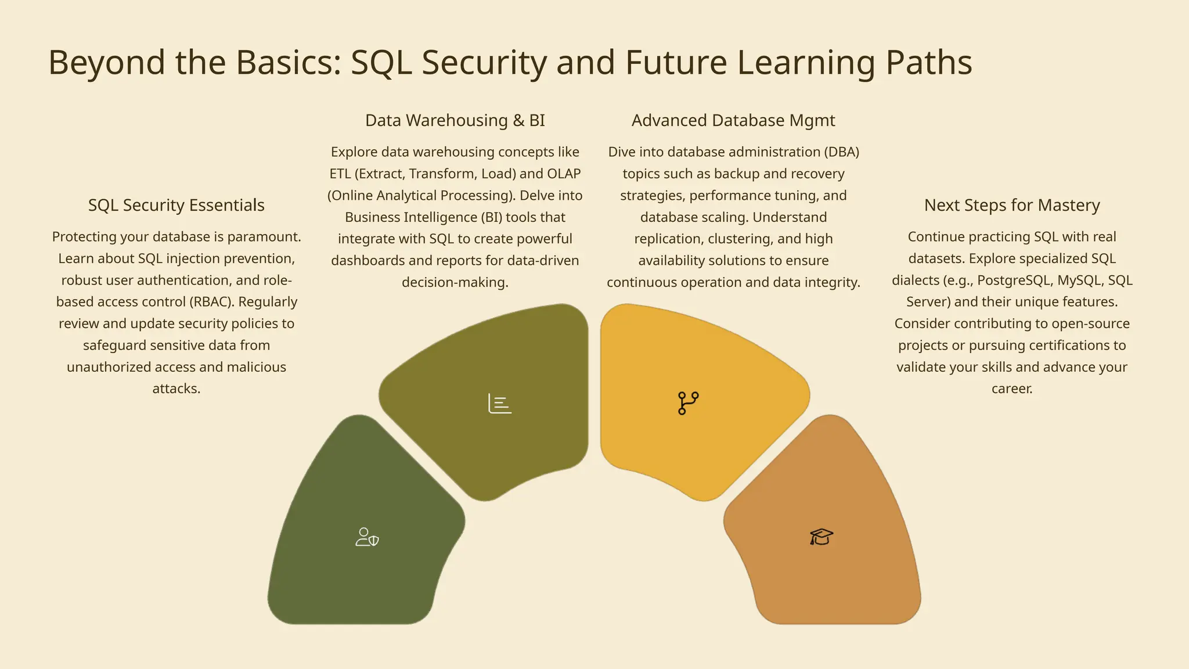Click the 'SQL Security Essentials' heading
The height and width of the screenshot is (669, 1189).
176,205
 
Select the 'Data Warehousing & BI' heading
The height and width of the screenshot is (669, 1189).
455,120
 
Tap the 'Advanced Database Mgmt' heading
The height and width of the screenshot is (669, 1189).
733,120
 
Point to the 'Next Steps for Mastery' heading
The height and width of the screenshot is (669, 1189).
1012,205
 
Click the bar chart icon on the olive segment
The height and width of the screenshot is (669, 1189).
500,404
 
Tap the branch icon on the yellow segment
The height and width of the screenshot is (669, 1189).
688,403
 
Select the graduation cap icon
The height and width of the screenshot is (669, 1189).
822,537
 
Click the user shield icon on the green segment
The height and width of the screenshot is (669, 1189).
367,537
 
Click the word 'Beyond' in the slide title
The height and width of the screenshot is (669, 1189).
107,62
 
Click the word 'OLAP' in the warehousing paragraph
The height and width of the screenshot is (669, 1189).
564,174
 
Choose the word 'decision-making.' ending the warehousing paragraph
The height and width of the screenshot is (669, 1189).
455,282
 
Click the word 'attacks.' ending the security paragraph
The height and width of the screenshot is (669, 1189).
176,389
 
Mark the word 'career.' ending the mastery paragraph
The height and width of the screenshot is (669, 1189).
1012,389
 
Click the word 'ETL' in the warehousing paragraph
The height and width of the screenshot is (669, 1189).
340,174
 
